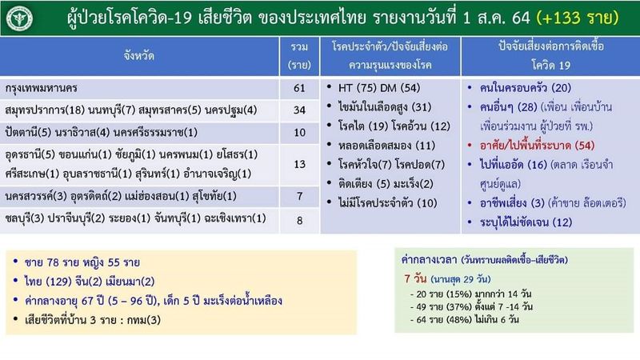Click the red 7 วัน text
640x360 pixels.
(x=418, y=279)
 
